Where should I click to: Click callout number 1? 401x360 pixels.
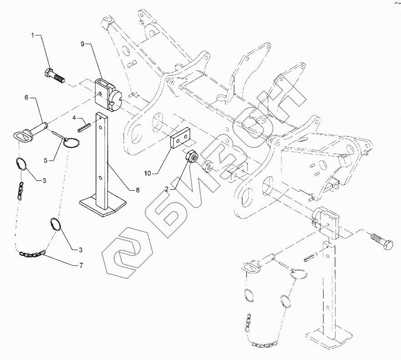[x=33, y=35]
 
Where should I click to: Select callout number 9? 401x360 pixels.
[x=82, y=44]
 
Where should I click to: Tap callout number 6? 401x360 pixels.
[x=26, y=98]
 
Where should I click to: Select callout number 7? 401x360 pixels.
[x=81, y=265]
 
